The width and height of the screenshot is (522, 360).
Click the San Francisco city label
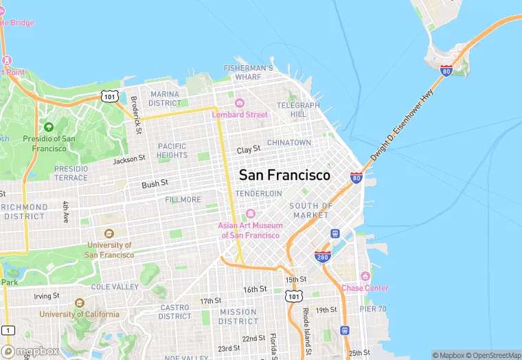284,175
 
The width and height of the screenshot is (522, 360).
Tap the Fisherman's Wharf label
249,72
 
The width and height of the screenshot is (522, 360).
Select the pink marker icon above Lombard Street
240,103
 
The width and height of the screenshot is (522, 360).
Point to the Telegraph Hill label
298,109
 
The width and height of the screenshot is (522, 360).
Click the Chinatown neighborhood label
289,142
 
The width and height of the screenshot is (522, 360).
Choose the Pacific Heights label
172,150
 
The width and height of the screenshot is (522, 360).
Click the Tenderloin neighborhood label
258,194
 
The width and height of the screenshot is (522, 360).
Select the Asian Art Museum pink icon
250,213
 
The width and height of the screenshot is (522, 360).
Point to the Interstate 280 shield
323,256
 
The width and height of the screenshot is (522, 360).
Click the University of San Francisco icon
109,234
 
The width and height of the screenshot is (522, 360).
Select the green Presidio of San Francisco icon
48,127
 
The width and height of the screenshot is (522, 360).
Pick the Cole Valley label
115,286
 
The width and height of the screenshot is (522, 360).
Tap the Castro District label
174,312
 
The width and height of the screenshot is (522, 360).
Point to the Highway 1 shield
8,330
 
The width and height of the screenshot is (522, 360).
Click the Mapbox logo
30,350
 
